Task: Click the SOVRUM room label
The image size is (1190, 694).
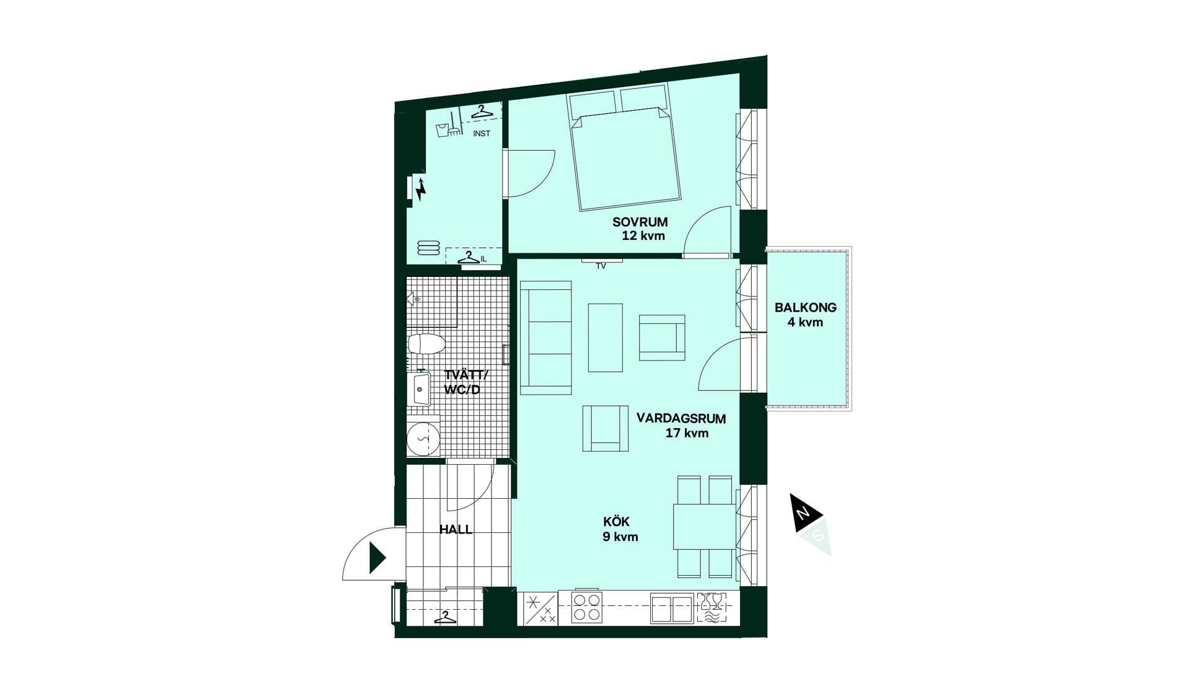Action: coord(640,222)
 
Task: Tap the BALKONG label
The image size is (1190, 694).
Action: coord(805,307)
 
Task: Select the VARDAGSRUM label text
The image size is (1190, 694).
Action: coord(681,418)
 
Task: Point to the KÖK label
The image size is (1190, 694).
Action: coord(616,522)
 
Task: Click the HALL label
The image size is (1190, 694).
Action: coord(456,529)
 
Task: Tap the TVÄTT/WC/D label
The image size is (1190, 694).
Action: coord(465,382)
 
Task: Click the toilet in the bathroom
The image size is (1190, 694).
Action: coord(426,345)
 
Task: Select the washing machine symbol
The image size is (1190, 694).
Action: coord(423,438)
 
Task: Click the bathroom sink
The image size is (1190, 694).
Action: coord(421,389)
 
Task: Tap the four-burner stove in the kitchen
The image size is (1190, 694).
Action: coord(586,607)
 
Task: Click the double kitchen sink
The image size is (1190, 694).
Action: coord(672,608)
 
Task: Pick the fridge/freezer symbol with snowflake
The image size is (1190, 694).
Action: coord(540,608)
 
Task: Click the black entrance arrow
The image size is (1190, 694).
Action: coord(377,558)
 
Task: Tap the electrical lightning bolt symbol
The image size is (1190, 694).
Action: coord(421,189)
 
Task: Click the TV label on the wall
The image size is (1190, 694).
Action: coord(601,266)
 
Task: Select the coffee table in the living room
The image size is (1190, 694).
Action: coord(605,338)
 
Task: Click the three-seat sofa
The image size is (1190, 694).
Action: coord(545,338)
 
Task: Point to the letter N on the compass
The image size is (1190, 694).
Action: coord(803,513)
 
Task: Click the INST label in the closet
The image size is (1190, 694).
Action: coord(482,133)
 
